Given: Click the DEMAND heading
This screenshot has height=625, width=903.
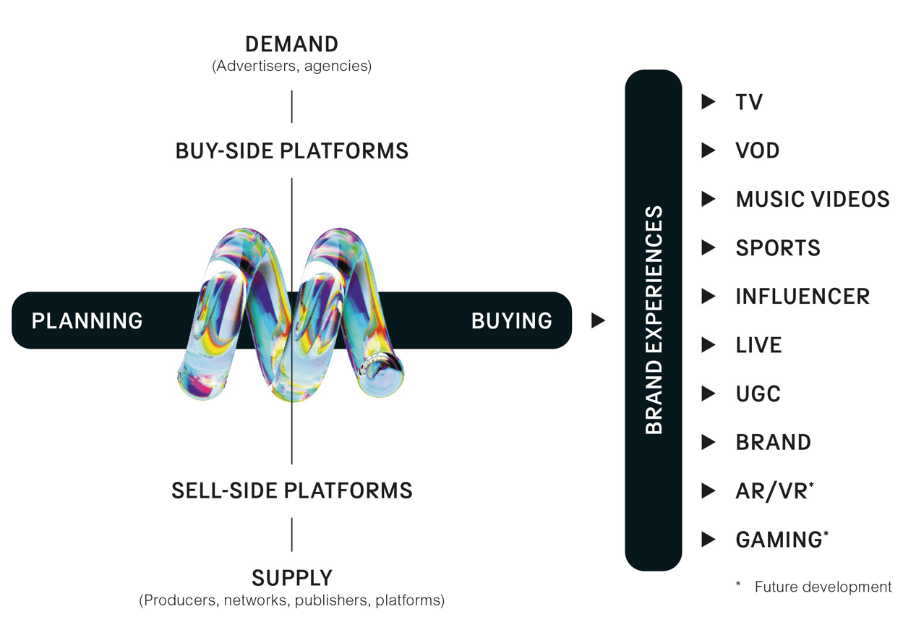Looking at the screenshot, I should (291, 44).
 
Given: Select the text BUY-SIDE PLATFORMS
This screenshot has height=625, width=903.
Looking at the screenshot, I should (291, 151).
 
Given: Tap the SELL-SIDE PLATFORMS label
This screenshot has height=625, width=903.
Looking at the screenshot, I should (291, 490).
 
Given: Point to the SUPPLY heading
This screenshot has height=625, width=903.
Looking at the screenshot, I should (291, 578).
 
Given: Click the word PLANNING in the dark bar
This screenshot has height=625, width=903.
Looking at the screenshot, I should (87, 320).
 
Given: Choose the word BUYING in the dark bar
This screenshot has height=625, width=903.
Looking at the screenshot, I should (511, 320).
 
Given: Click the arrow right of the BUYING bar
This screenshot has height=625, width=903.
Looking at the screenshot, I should (598, 320).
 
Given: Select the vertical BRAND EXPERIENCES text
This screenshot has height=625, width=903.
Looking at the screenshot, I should (654, 320).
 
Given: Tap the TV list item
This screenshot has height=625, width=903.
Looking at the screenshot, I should (749, 102).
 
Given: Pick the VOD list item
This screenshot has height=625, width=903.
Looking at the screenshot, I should (758, 150).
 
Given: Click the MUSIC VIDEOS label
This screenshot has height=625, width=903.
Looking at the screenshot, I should (812, 199).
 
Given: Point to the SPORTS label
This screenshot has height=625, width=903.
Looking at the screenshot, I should (778, 248).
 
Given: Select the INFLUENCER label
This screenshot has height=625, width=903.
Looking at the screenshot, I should (803, 297).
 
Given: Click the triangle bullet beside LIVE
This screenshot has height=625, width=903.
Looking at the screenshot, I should (709, 345).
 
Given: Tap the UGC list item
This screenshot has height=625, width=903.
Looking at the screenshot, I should (758, 394).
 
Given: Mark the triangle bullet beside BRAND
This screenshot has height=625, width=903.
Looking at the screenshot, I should (709, 442).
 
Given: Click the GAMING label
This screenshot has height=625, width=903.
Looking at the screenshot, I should (779, 540).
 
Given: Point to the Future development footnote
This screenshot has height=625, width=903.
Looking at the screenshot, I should (823, 587).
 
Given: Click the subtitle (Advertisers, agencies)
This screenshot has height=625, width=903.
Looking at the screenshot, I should (291, 67).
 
